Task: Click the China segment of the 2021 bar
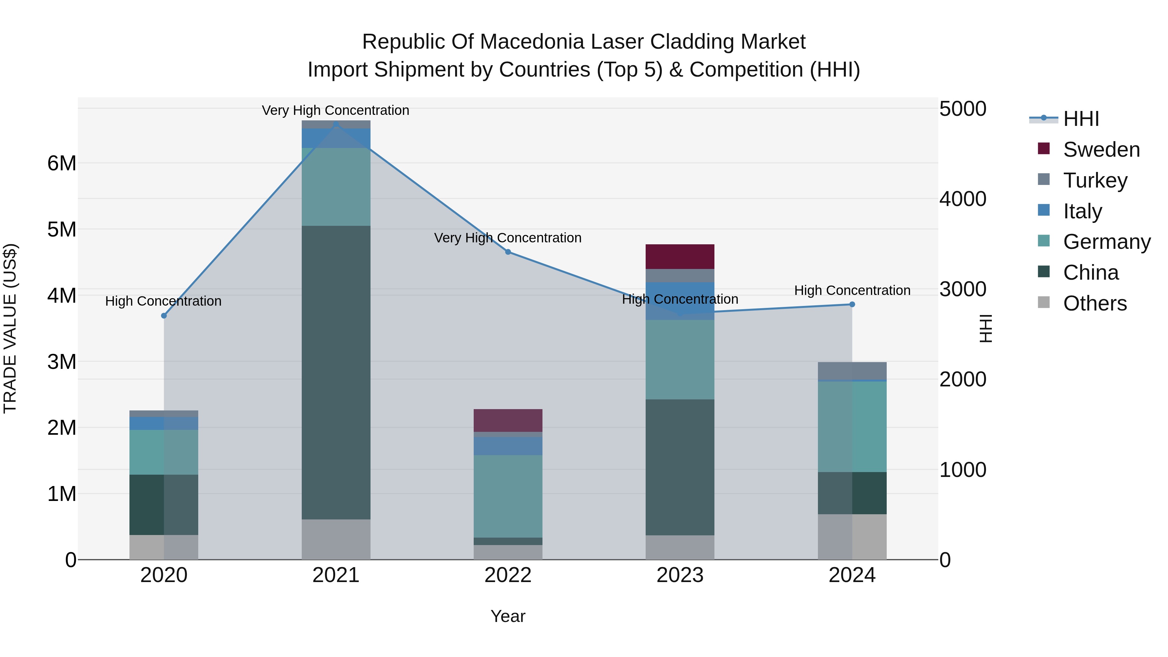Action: [x=336, y=372]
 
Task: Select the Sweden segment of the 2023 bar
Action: [x=680, y=257]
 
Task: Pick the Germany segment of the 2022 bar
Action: [x=508, y=496]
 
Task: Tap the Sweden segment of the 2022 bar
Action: [x=508, y=420]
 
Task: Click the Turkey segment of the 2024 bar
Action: [x=852, y=371]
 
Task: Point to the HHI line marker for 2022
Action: [x=508, y=252]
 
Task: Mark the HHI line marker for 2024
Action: [x=852, y=304]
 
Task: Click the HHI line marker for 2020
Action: [x=164, y=316]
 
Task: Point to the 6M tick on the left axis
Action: [x=62, y=163]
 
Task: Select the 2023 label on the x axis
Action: [x=680, y=575]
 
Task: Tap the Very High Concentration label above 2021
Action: [x=335, y=110]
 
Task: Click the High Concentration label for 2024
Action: [x=852, y=290]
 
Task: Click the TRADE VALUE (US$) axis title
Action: [x=10, y=328]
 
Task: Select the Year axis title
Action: [x=508, y=616]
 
